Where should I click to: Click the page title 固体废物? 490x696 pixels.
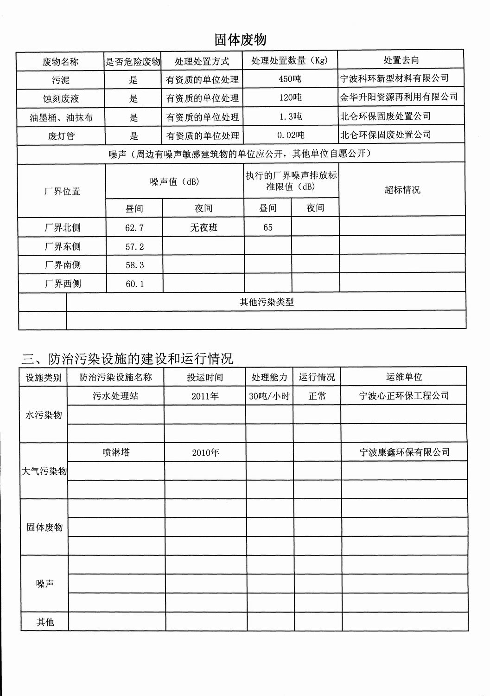(x=240, y=39)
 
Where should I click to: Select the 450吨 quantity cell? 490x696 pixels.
(x=290, y=79)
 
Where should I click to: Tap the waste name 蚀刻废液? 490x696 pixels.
(x=61, y=99)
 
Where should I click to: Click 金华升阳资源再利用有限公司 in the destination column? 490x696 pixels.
(x=399, y=97)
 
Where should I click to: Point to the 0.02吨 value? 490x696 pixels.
(x=291, y=135)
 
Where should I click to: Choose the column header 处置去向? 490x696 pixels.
(x=401, y=60)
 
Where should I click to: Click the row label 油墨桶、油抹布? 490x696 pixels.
(x=61, y=117)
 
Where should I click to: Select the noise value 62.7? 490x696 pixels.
(x=134, y=228)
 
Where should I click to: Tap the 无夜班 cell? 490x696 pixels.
(x=204, y=227)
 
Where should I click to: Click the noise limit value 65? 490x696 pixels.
(x=268, y=227)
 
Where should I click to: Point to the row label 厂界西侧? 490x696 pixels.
(x=63, y=284)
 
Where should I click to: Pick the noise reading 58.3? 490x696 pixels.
(x=134, y=265)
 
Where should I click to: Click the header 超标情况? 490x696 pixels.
(x=402, y=190)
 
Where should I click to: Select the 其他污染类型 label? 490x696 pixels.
(x=267, y=302)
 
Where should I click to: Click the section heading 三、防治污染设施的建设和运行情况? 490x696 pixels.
(x=127, y=359)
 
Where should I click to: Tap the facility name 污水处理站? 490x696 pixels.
(x=115, y=396)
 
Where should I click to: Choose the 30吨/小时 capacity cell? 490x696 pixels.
(x=269, y=396)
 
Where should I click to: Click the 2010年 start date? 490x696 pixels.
(x=205, y=452)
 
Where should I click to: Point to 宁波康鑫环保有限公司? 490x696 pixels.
(x=404, y=452)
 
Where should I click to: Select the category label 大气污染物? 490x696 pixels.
(x=44, y=471)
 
